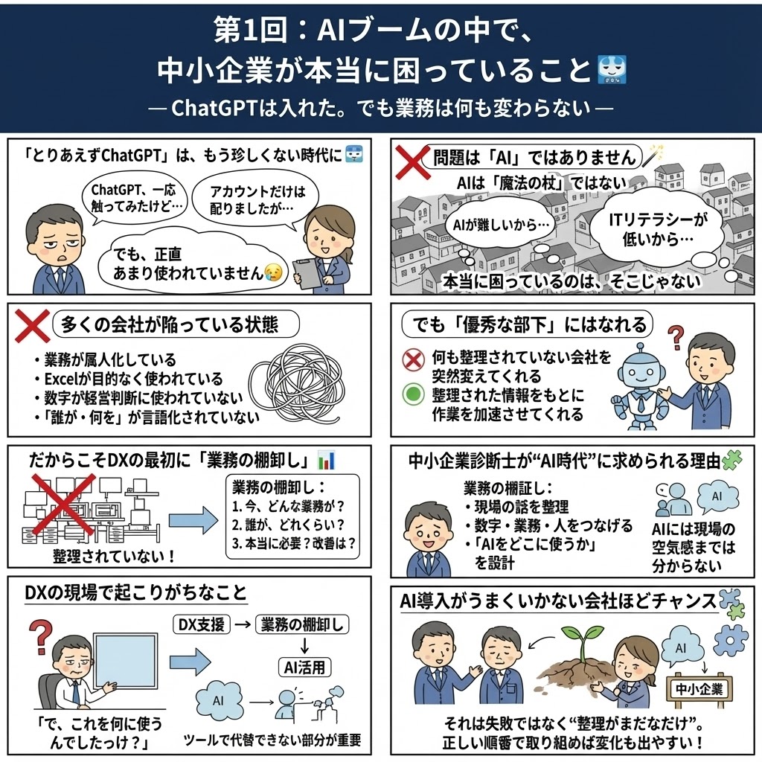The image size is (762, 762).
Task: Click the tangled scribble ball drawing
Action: (298, 384)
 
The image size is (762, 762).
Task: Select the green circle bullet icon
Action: (413, 394)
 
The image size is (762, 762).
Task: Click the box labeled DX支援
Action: (201, 624)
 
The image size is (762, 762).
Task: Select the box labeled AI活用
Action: (304, 667)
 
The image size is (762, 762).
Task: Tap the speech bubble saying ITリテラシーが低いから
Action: (658, 229)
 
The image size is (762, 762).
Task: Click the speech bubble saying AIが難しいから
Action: (501, 225)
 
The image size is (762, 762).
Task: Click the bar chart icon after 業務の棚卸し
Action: (326, 460)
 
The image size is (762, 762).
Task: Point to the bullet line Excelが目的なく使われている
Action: (129, 379)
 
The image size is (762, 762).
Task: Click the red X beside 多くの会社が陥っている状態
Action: (32, 326)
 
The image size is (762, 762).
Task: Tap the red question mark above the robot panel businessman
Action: (676, 337)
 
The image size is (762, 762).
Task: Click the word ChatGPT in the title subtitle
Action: (214, 109)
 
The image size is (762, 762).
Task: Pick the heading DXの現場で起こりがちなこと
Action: (136, 592)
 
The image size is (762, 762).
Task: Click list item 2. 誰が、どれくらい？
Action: (288, 525)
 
